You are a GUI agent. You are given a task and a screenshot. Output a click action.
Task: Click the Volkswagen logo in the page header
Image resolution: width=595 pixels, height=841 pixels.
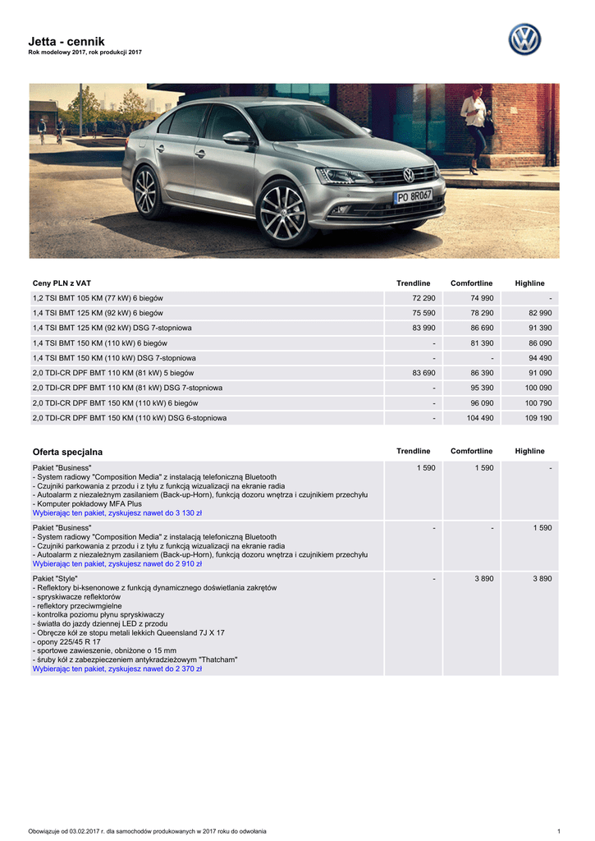524,39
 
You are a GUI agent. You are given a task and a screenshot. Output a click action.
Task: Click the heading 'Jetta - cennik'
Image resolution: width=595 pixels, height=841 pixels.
66,41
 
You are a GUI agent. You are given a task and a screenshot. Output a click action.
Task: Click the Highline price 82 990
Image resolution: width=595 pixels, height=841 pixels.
538,313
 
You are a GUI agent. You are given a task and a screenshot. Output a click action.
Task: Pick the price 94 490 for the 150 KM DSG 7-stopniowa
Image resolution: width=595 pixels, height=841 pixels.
538,358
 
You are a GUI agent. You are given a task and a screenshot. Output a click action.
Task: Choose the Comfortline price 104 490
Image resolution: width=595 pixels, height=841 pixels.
479,418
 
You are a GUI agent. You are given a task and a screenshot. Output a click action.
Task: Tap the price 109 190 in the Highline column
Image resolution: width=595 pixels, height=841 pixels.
538,418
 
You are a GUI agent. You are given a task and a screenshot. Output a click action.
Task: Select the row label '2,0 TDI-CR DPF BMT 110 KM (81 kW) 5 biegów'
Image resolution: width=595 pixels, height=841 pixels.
112,373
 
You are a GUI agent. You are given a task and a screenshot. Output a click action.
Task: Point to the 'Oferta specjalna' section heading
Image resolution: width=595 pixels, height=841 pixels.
67,452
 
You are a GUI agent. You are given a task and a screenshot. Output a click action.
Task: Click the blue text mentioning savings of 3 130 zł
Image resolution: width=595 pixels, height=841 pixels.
117,512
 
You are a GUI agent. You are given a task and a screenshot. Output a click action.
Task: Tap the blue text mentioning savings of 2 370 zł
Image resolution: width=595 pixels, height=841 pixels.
117,669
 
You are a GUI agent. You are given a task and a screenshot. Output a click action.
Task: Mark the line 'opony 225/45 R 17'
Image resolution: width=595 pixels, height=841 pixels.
67,641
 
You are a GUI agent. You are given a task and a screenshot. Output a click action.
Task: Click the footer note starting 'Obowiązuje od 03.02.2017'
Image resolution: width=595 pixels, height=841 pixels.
147,830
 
